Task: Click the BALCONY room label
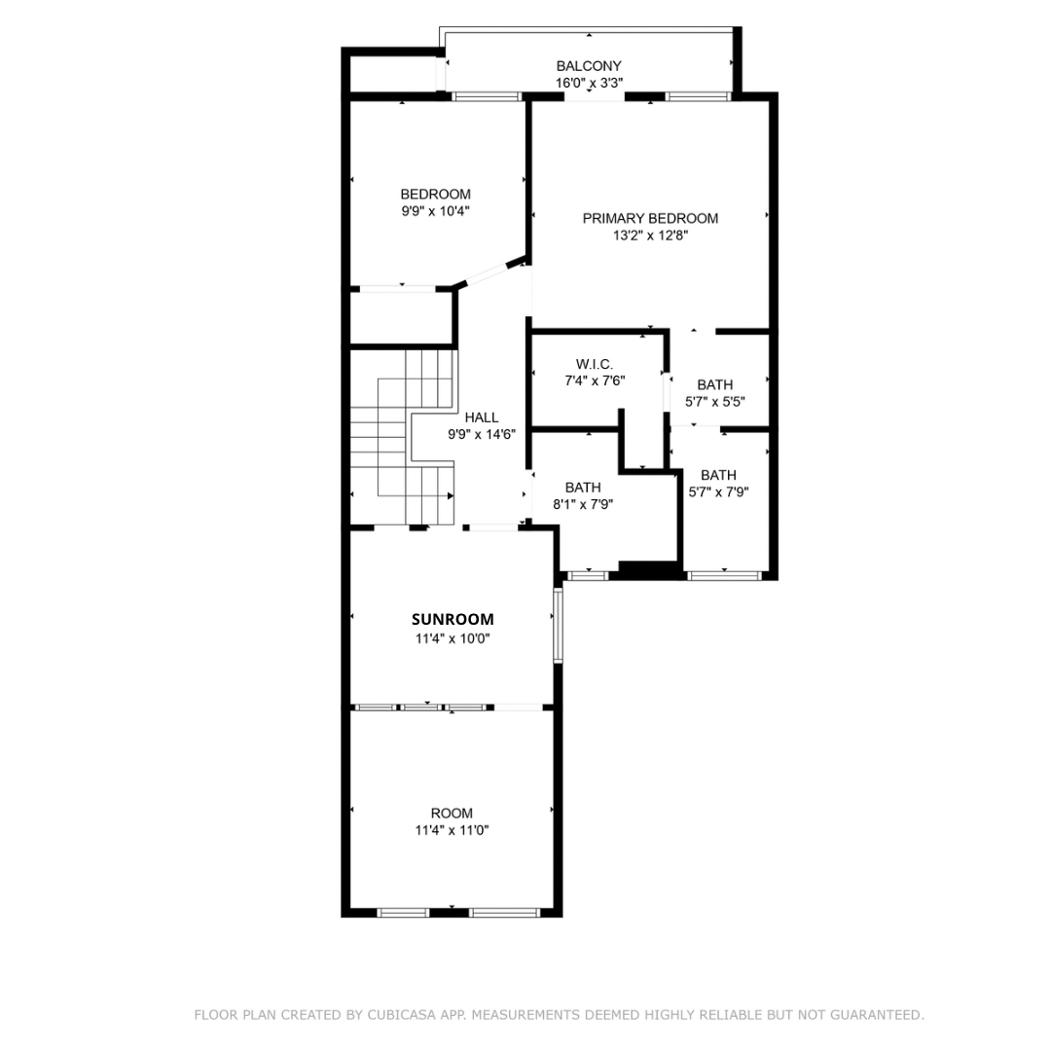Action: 588,66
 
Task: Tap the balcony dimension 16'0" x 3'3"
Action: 588,84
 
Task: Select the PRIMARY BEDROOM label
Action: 650,218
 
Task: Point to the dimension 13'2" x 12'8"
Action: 650,236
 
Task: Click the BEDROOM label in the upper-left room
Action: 435,194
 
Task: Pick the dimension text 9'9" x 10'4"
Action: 435,210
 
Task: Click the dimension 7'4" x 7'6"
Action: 594,381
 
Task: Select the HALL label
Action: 481,417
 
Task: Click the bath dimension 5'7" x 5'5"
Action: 715,401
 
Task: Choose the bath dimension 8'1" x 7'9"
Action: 583,504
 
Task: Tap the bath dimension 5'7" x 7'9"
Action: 718,491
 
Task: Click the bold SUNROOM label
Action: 453,619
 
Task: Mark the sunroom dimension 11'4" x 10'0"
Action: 453,639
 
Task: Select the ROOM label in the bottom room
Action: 453,813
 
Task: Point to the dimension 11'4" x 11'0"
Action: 453,830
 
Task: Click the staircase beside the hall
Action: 401,438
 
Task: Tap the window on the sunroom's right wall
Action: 558,623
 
